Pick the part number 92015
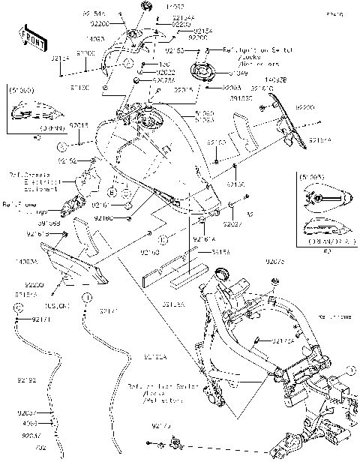(79, 125)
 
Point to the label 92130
(236, 184)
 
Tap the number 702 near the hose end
(40, 448)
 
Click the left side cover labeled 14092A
(75, 266)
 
